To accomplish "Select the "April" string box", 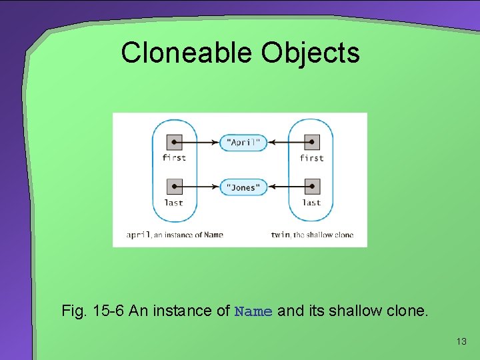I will pos(243,142).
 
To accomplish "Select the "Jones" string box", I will pos(243,187).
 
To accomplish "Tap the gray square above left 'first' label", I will pos(173,142).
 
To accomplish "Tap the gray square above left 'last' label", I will pos(173,187).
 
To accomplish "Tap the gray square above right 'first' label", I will pos(311,142).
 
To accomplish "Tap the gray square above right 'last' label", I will pos(311,187).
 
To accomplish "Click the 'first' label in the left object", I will pos(173,158).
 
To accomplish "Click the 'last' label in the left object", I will pos(173,203).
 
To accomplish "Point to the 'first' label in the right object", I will pos(311,158).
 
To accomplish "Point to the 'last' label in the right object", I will pos(311,203).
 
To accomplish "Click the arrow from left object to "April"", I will pos(200,142).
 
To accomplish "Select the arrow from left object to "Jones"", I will pos(200,187).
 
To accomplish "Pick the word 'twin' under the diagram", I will pos(280,235).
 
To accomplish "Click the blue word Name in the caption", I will pos(253,311).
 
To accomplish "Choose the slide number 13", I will pos(461,342).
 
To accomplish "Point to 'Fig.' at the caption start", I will pos(72,311).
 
